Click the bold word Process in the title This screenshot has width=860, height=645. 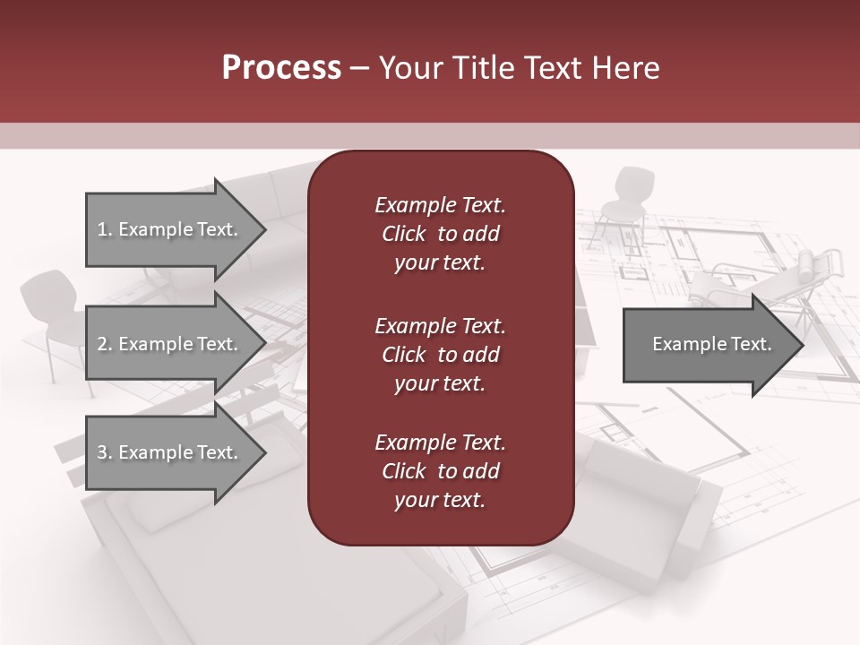coord(281,67)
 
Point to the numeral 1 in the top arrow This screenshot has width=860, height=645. coord(102,229)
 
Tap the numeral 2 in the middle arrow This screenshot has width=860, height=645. coord(102,344)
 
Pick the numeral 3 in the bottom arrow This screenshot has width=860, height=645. coord(102,452)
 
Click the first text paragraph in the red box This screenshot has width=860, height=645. coord(440,234)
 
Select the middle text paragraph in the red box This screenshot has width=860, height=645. coord(440,354)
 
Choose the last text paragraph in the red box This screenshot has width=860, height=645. coord(440,471)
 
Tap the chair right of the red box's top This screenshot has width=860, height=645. coord(623,202)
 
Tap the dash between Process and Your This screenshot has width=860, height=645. coord(360,68)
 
